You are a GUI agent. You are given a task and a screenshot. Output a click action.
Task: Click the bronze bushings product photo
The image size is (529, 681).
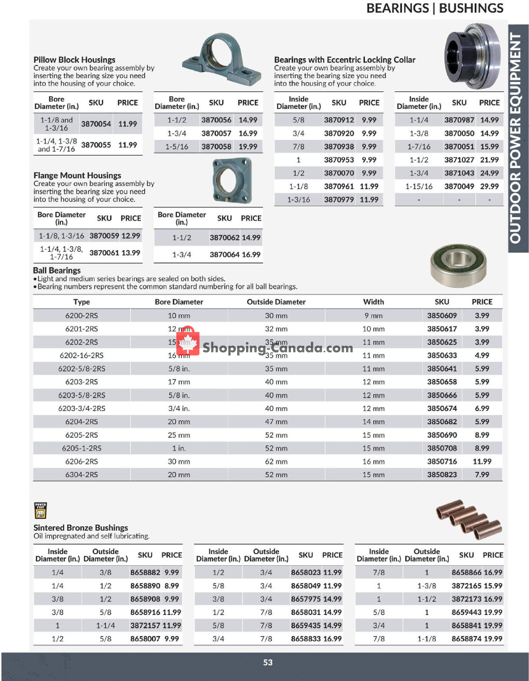[x=469, y=519]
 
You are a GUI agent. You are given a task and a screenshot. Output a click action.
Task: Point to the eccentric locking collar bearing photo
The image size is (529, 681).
[x=472, y=56]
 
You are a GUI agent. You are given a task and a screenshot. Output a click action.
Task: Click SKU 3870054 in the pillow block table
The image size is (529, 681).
[x=96, y=124]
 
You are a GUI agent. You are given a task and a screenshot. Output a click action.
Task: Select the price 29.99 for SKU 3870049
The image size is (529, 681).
[x=489, y=187]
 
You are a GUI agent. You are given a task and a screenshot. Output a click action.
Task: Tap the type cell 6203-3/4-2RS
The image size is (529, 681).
[x=82, y=408]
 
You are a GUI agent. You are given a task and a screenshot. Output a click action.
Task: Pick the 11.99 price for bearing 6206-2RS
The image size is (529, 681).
[x=481, y=461]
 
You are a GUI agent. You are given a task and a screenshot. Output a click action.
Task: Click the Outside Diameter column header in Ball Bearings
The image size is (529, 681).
[x=276, y=302]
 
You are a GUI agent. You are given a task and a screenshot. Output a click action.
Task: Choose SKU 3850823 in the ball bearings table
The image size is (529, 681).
[x=442, y=475]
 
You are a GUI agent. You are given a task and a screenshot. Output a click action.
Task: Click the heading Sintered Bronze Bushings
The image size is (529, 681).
[x=81, y=528]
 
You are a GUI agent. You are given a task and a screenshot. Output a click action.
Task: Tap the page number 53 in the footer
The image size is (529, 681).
[x=268, y=662]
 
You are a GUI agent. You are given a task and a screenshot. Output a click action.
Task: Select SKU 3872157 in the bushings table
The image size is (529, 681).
[x=145, y=625]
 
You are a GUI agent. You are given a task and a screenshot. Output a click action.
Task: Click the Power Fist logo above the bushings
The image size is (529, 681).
[x=40, y=510]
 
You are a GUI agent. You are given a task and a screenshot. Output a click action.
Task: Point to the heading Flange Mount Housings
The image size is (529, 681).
[x=77, y=175]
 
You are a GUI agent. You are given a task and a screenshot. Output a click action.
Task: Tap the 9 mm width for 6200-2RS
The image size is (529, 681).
[x=373, y=316]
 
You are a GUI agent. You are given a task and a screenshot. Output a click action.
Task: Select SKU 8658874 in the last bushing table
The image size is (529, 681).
[x=466, y=639]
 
